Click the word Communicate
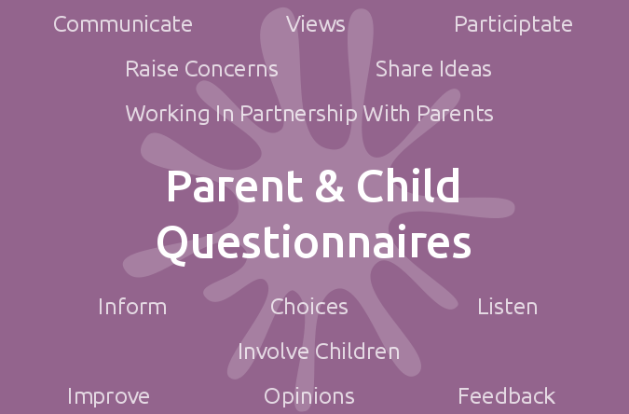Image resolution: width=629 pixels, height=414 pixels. pos(123,24)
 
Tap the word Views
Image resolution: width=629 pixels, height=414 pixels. pos(316,24)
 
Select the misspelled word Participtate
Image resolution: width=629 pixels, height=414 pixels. pos(513,25)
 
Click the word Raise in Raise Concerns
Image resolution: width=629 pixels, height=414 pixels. pos(152,69)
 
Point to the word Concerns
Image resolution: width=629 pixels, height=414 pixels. pos(231,69)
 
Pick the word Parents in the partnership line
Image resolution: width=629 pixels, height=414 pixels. pos(456,114)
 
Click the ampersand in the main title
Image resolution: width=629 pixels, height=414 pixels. pos(330,186)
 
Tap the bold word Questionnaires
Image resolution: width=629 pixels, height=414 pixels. pos(314,243)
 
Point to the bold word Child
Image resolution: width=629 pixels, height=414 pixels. pos(408,186)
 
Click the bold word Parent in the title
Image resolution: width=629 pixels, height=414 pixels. pos(235,186)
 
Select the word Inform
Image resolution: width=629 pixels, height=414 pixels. pos(132,307)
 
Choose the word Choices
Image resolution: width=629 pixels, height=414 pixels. pos(308,307)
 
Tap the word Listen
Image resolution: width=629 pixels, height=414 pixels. pos(508,307)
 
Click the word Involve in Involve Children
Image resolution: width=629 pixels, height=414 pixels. pos(274,352)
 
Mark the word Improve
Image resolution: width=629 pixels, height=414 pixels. pos(108,397)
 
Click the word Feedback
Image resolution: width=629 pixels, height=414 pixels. pos(507,396)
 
